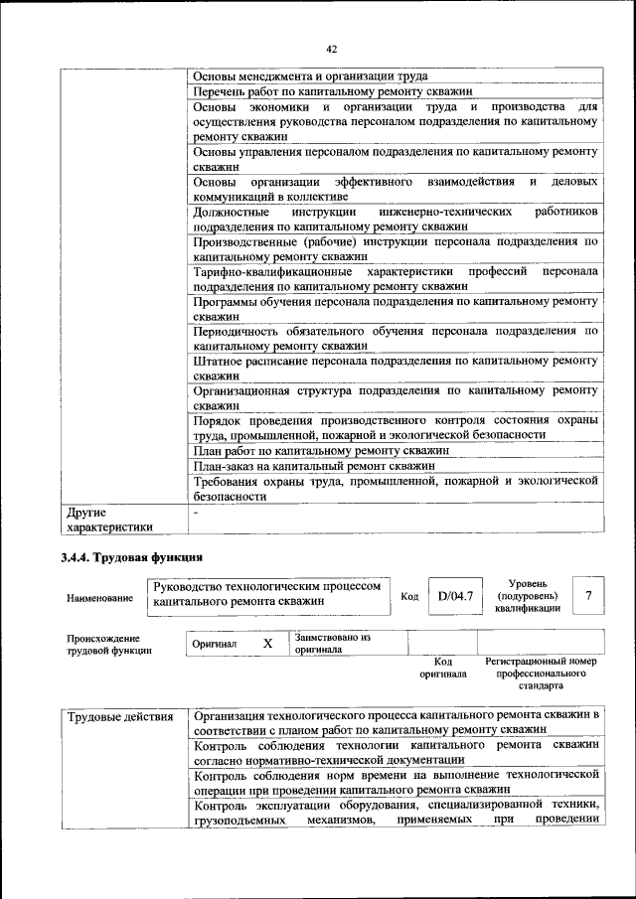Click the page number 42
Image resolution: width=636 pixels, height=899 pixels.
click(331, 47)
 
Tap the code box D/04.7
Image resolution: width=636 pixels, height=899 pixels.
click(453, 596)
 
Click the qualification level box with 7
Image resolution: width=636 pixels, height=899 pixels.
click(589, 595)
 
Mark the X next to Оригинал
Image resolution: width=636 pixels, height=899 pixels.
click(267, 643)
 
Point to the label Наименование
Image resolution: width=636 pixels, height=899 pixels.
click(99, 598)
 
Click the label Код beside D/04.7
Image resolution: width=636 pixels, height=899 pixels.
click(408, 596)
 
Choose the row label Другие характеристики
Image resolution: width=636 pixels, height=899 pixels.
click(109, 521)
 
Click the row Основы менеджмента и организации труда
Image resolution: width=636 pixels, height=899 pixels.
click(310, 75)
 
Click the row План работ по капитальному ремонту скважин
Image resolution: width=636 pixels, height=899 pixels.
click(321, 450)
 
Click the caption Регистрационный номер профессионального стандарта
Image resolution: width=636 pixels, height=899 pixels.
click(541, 673)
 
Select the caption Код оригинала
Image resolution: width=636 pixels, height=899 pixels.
click(443, 668)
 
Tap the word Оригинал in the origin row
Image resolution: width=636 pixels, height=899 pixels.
click(215, 644)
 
